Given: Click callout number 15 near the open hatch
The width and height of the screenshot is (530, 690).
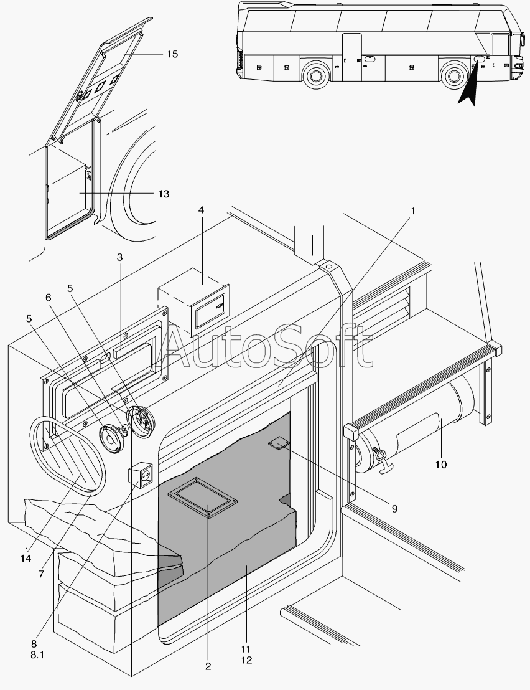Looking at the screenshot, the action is (x=172, y=54).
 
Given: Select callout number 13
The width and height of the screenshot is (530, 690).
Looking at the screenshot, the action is (x=164, y=194).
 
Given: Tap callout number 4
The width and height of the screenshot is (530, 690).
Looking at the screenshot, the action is (x=202, y=210).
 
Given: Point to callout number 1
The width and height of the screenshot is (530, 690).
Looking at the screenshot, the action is (x=412, y=211).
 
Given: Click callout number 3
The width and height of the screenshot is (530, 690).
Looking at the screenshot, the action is (x=119, y=257).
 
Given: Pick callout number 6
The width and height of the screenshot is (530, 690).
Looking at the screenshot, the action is (x=49, y=298).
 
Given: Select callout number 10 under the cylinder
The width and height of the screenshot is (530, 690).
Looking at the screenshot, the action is (x=441, y=465).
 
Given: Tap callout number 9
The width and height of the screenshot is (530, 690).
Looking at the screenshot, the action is (x=394, y=509).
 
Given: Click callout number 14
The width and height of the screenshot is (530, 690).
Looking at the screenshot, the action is (x=26, y=559).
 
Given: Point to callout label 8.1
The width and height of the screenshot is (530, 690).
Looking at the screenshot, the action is (x=37, y=655).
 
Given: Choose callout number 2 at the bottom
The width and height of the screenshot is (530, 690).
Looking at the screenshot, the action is (x=208, y=667).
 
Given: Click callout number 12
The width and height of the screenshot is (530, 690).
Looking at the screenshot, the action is (x=246, y=661).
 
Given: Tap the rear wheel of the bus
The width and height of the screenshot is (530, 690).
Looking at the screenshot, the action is (x=315, y=75).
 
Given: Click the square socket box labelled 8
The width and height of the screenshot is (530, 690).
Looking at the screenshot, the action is (x=140, y=476).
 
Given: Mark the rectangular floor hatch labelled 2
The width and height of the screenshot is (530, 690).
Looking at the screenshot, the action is (x=203, y=498).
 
